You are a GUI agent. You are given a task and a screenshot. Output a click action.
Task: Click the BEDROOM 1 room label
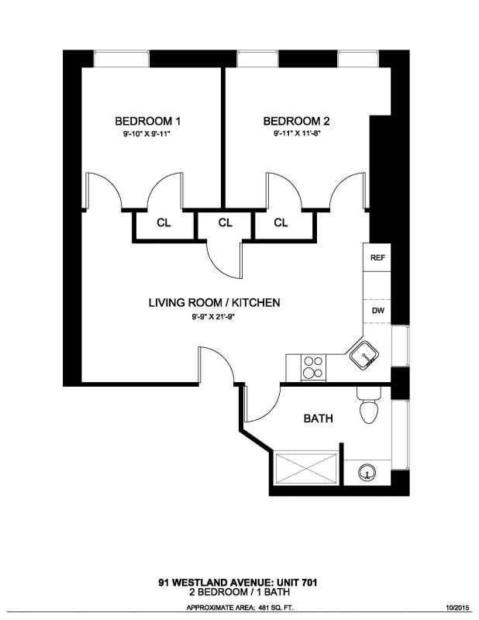(147, 121)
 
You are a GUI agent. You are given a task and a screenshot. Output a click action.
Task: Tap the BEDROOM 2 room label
(296, 121)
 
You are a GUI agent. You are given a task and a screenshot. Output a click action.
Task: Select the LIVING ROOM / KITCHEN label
(215, 302)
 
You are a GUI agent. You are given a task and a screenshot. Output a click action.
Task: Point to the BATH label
(318, 418)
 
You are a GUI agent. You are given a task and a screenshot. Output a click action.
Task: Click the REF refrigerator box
(377, 257)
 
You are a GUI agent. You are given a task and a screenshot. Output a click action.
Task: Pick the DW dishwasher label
(377, 311)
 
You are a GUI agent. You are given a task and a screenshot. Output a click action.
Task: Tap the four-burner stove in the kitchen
(313, 367)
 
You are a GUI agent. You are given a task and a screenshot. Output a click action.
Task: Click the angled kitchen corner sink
(364, 356)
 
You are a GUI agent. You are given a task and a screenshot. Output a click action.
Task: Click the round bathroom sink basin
(367, 473)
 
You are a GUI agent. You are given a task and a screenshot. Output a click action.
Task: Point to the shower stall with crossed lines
(306, 468)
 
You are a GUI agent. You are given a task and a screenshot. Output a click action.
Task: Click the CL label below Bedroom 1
(164, 223)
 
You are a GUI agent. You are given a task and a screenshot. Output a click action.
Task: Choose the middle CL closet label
(225, 223)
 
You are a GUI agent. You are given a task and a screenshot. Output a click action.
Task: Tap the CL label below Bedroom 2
(281, 223)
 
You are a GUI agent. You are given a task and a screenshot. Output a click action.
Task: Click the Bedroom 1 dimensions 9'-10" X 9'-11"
(149, 134)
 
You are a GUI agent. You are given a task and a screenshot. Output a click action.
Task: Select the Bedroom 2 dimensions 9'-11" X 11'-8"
(297, 133)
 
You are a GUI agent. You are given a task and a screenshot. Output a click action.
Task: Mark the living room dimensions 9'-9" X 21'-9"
(214, 316)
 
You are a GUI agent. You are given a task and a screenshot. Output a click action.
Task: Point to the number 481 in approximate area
(264, 608)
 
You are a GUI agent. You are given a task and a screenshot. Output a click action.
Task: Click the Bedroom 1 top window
(122, 59)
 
